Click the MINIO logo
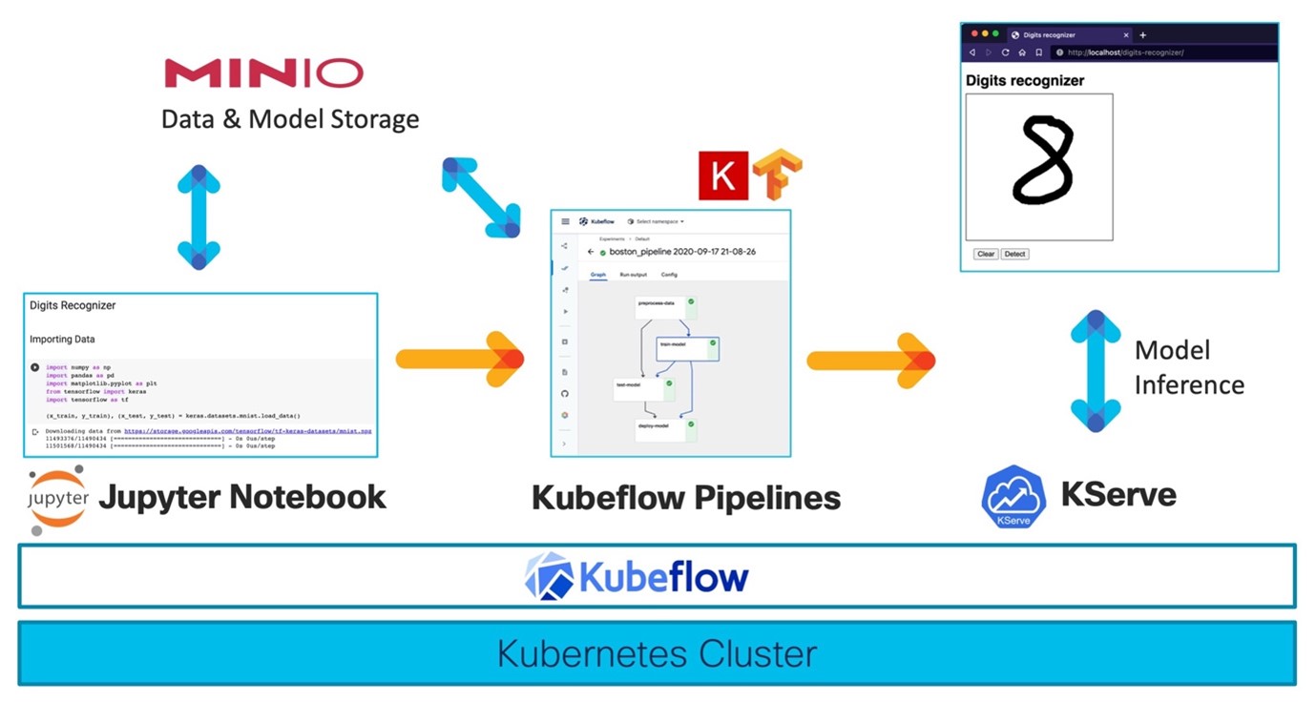pyautogui.click(x=264, y=73)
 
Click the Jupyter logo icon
pyautogui.click(x=58, y=499)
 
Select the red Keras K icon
pyautogui.click(x=722, y=175)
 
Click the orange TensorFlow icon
pyautogui.click(x=777, y=174)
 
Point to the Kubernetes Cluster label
pyautogui.click(x=657, y=654)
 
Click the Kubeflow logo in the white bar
pyautogui.click(x=637, y=577)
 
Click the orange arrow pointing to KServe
pyautogui.click(x=870, y=360)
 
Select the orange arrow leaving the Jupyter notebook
pyautogui.click(x=459, y=360)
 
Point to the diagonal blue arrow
pyautogui.click(x=481, y=197)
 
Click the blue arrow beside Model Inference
pyautogui.click(x=1096, y=371)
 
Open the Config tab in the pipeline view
pyautogui.click(x=669, y=275)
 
